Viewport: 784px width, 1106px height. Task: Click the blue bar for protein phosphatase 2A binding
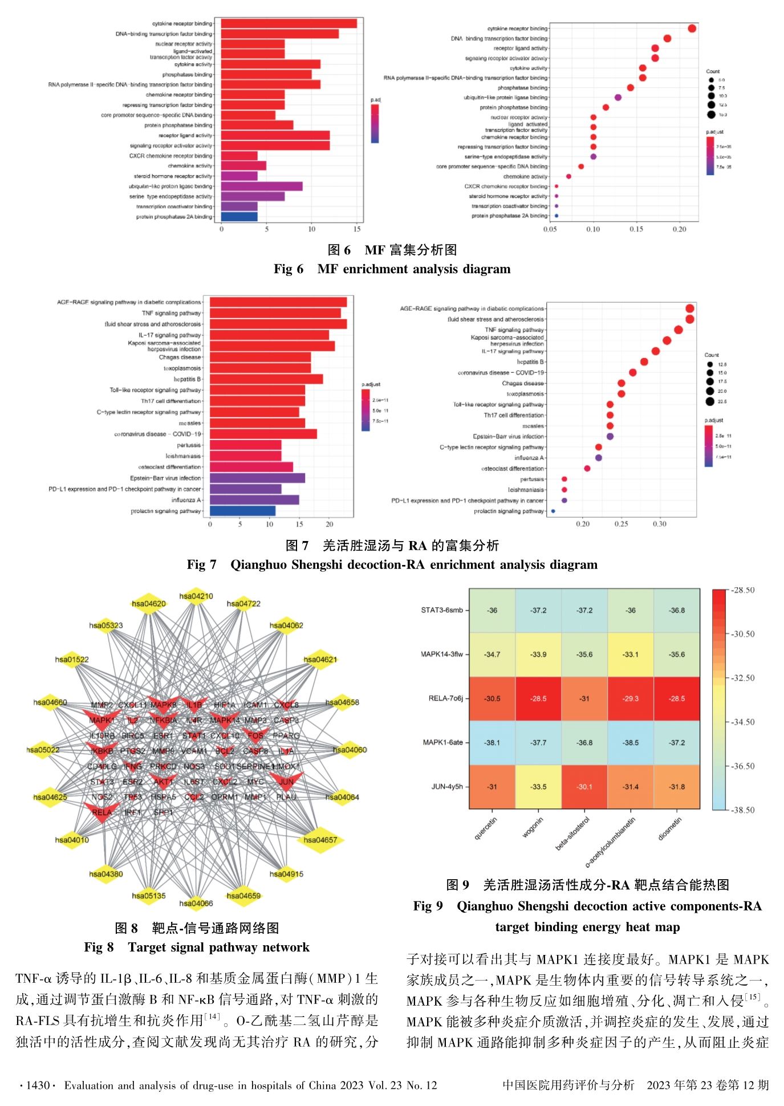(x=239, y=217)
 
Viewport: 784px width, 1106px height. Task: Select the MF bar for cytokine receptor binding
(x=289, y=23)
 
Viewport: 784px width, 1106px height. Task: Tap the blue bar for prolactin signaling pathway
(x=242, y=511)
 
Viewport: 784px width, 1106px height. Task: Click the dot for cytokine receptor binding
(x=692, y=29)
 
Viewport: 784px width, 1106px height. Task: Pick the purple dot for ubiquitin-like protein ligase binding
(x=618, y=97)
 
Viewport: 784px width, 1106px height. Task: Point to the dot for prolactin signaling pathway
(x=553, y=511)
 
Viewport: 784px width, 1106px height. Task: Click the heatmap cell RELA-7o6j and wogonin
(x=538, y=698)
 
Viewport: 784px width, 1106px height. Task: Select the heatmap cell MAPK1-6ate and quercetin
(x=492, y=742)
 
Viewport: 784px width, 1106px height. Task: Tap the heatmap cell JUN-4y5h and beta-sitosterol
(x=584, y=787)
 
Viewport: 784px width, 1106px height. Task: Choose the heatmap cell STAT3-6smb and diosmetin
(x=677, y=610)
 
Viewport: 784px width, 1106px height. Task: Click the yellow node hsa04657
(x=320, y=840)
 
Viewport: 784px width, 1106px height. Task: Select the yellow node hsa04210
(x=196, y=596)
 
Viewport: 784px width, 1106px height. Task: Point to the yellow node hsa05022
(x=43, y=750)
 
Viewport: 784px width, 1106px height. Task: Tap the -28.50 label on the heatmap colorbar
(x=743, y=590)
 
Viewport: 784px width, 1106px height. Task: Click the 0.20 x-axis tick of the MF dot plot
(x=679, y=229)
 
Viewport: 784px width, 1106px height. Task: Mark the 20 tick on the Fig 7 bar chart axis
(x=329, y=524)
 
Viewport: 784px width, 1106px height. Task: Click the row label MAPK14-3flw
(x=442, y=654)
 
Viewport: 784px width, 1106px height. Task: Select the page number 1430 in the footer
(x=38, y=1085)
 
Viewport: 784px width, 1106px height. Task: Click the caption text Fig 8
(x=99, y=948)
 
